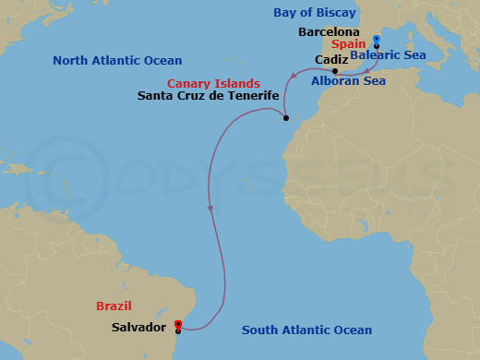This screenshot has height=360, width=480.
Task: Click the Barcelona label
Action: click(330, 31)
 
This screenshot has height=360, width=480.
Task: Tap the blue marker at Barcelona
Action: click(377, 41)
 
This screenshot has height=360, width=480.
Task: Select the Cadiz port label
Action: click(330, 58)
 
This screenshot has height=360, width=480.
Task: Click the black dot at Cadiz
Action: click(335, 71)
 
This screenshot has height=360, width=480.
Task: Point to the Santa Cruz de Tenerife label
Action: click(208, 95)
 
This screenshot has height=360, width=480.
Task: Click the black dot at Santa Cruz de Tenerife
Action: click(286, 118)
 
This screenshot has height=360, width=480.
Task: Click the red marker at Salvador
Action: click(178, 325)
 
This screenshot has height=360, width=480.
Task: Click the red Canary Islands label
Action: click(213, 83)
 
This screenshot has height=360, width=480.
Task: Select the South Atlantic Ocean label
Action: click(306, 330)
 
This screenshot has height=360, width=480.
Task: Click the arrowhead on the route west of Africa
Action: click(211, 210)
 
